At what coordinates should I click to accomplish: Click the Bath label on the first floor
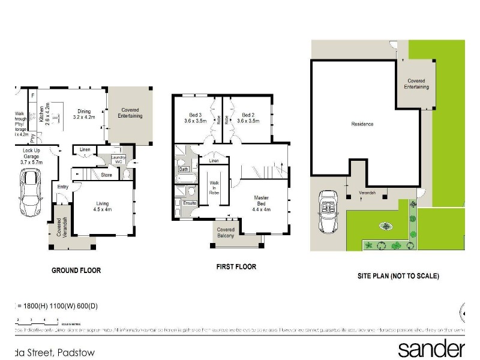[184, 169]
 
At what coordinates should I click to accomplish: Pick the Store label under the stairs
[107, 175]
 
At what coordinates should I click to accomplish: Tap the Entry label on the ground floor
[63, 187]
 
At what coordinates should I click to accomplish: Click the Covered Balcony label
[226, 233]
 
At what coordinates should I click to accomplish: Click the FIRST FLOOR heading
[236, 267]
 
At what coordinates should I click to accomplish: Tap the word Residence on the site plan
[362, 124]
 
